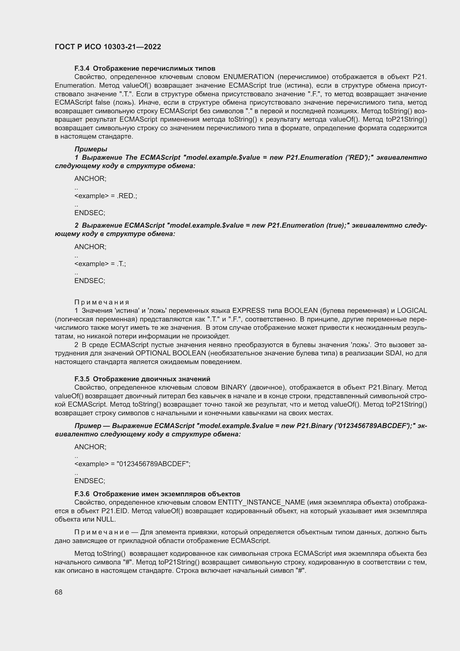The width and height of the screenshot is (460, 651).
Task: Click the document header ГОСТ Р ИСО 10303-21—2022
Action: coord(108,47)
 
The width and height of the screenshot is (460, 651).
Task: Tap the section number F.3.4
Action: coord(82,68)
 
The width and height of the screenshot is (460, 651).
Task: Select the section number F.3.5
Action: coord(82,379)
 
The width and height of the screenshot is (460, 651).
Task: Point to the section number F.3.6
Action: coord(82,494)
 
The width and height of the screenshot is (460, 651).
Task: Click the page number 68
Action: coord(59,592)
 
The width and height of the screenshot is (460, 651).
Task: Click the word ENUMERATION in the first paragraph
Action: coord(248,77)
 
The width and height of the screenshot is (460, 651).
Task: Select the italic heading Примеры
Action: coord(91,149)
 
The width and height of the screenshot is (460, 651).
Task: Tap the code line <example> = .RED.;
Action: coord(106,196)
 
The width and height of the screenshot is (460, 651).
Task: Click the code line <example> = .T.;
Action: coord(100,264)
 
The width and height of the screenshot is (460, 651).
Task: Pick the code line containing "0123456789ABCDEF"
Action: coord(132,464)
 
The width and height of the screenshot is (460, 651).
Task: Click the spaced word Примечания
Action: coord(102,302)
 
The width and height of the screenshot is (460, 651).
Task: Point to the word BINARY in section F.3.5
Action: coord(234,387)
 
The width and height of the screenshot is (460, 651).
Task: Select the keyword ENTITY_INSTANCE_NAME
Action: coord(261,502)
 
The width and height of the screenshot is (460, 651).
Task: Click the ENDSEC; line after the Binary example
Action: coord(90,481)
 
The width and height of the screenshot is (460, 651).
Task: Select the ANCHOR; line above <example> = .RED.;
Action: coord(90,179)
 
